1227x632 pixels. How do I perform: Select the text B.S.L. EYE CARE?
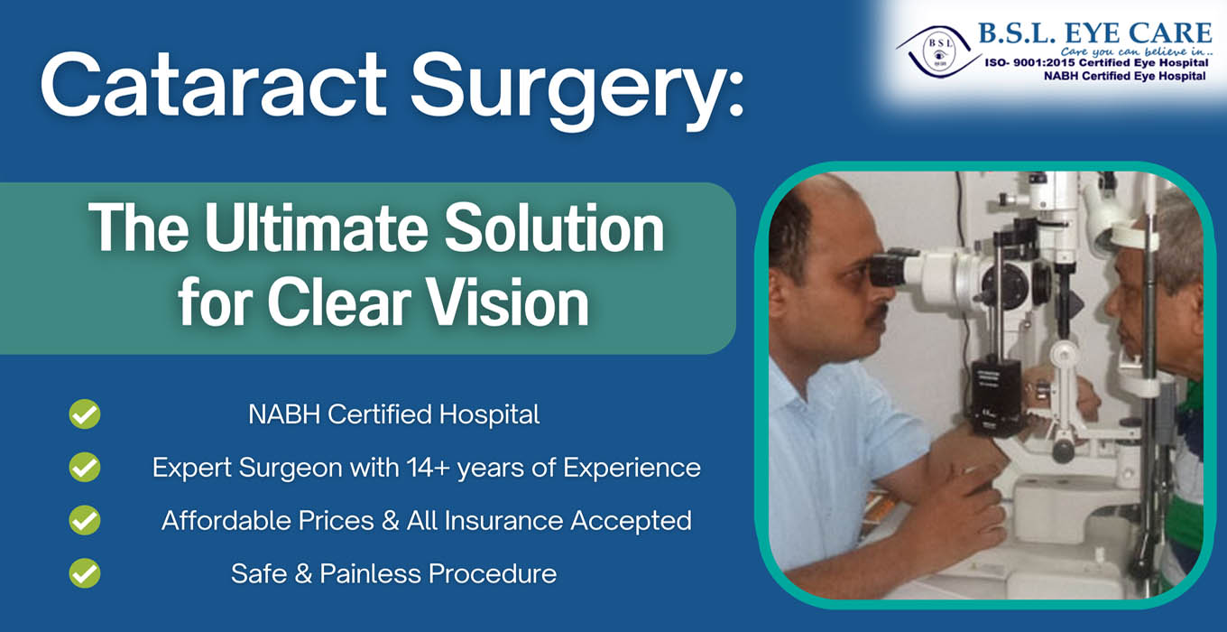click(x=1095, y=33)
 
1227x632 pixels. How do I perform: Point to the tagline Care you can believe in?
click(x=1137, y=52)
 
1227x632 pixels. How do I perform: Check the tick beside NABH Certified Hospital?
click(x=85, y=414)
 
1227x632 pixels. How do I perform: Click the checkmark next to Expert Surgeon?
click(x=85, y=467)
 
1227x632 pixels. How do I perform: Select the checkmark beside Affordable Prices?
click(x=85, y=520)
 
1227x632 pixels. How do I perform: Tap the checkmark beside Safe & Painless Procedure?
click(x=85, y=573)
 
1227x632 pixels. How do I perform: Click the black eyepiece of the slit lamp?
click(x=890, y=267)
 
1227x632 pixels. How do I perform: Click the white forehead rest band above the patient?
click(x=1134, y=238)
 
